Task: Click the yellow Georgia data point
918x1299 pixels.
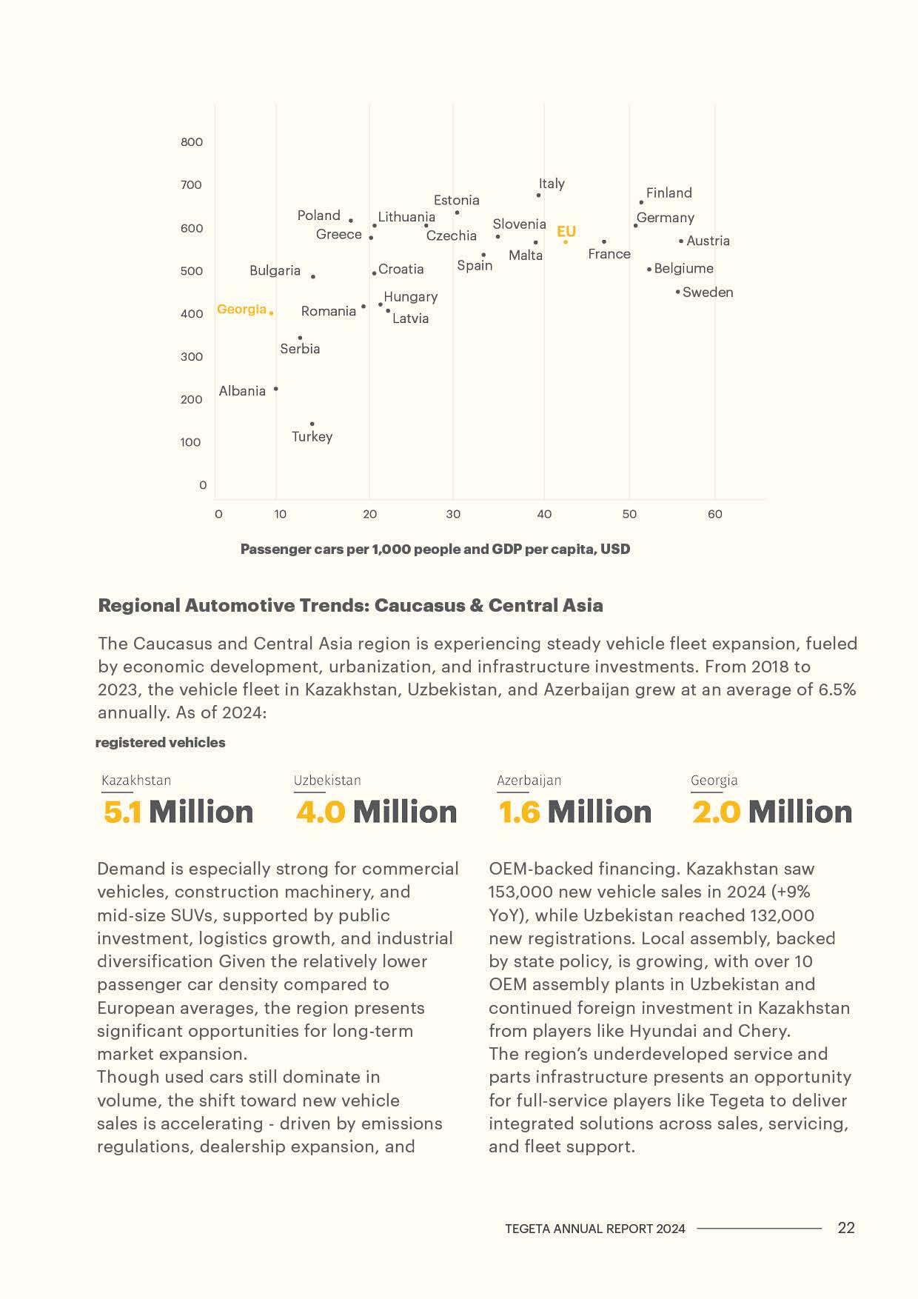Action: pos(272,313)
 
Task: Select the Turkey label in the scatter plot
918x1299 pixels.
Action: pos(312,436)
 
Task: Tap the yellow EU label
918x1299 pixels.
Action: pos(566,231)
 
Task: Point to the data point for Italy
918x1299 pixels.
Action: pos(538,196)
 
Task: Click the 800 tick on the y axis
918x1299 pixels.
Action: pos(192,142)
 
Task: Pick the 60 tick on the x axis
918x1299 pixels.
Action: pos(714,514)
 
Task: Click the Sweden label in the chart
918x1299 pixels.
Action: pos(708,293)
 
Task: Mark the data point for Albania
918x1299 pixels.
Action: pos(276,389)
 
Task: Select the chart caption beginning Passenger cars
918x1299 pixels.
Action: pos(435,550)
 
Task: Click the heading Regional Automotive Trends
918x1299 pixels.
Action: pos(350,606)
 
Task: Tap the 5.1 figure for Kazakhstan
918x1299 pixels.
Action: pos(122,812)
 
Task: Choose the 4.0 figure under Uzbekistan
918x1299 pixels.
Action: pos(321,812)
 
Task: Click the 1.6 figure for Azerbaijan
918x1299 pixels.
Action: pos(519,812)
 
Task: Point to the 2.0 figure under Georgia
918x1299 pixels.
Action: pos(716,812)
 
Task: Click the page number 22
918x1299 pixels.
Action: pos(846,1228)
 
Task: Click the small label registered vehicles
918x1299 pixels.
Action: pos(160,743)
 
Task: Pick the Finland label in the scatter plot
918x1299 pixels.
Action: pos(669,193)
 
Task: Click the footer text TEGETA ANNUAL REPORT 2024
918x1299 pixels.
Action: pos(595,1229)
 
